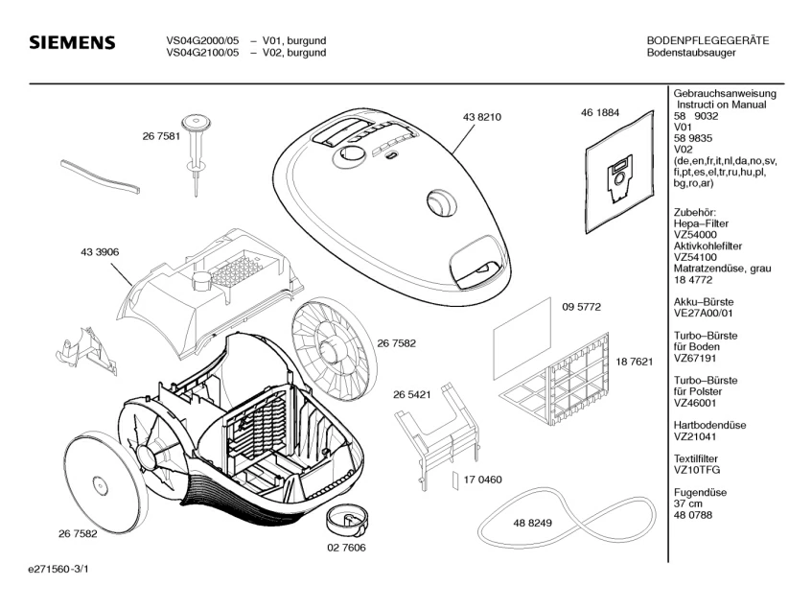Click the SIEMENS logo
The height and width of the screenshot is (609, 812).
pyautogui.click(x=73, y=44)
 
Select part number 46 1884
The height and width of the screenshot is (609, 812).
pyautogui.click(x=599, y=112)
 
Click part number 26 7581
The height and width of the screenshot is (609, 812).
pyautogui.click(x=161, y=137)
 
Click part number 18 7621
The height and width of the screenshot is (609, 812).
pyautogui.click(x=635, y=362)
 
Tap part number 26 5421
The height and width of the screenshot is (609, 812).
pyautogui.click(x=411, y=393)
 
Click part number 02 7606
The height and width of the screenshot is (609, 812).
pyautogui.click(x=347, y=549)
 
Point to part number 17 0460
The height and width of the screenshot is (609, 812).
pyautogui.click(x=483, y=479)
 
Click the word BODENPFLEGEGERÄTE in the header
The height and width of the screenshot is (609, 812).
pyautogui.click(x=708, y=40)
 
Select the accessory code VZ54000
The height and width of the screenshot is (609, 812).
pyautogui.click(x=695, y=234)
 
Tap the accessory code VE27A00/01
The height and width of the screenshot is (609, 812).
pyautogui.click(x=704, y=312)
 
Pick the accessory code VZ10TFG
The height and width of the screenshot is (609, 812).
pyautogui.click(x=696, y=470)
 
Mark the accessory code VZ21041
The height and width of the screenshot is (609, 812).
pyautogui.click(x=695, y=436)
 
